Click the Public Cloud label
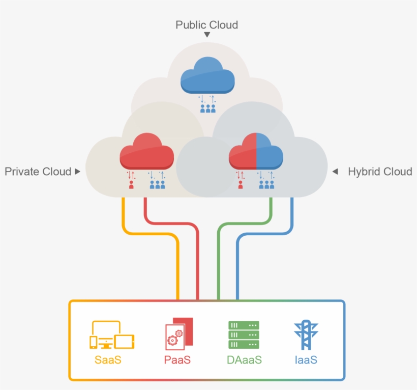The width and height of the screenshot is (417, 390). (206, 24)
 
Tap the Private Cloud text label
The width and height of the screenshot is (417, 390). (38, 172)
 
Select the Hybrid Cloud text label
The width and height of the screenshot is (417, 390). (379, 172)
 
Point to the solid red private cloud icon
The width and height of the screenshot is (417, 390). (146, 151)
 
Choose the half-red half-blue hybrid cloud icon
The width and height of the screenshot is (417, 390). (256, 151)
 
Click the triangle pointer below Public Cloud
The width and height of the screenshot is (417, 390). (207, 35)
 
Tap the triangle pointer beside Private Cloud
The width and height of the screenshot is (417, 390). (77, 172)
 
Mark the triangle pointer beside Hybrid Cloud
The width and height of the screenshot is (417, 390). (335, 172)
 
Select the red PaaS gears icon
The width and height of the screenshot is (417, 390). (179, 334)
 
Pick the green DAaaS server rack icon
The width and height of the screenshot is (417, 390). (244, 335)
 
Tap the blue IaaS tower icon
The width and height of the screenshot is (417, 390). (306, 335)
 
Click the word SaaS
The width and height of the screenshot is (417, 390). (108, 360)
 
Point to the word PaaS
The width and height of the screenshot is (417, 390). (177, 360)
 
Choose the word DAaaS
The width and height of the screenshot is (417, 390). (244, 360)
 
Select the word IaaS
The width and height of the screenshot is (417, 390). (306, 360)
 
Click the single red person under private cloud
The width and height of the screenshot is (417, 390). (131, 185)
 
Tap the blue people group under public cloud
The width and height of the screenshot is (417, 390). (207, 108)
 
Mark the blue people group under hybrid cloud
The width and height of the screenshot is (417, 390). (266, 185)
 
